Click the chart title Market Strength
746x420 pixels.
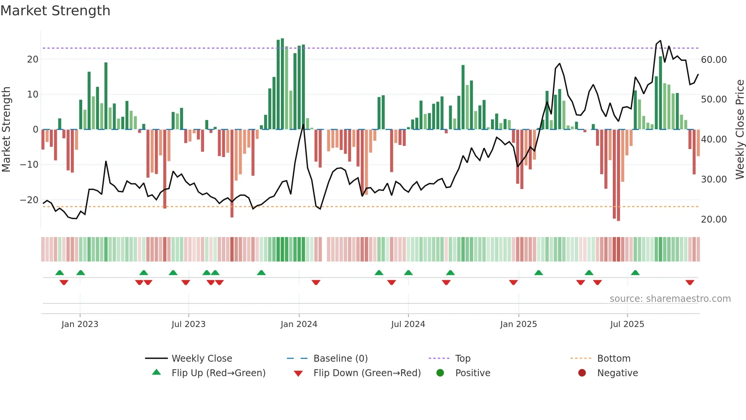[x=55, y=11]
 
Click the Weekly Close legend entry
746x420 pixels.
[x=201, y=358]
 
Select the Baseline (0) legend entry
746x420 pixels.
[x=340, y=358]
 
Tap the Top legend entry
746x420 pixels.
[x=462, y=358]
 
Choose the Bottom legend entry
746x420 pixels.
[x=614, y=358]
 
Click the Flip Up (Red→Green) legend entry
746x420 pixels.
[x=218, y=373]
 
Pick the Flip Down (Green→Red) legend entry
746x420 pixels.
[x=367, y=373]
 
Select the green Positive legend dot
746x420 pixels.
[x=440, y=373]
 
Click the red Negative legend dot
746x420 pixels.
[x=582, y=373]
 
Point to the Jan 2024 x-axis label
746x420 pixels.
[x=299, y=324]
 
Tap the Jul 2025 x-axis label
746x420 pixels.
[x=627, y=324]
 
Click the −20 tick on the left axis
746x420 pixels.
[x=29, y=200]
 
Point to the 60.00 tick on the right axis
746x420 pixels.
[x=714, y=59]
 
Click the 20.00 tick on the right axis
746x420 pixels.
[x=714, y=219]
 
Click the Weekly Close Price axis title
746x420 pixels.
[x=740, y=129]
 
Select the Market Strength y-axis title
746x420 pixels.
[x=6, y=129]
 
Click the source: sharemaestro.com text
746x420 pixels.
[x=670, y=298]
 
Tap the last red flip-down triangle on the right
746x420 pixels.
[x=690, y=282]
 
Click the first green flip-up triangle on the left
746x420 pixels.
[x=60, y=273]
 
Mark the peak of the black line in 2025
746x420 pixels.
[x=660, y=40]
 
